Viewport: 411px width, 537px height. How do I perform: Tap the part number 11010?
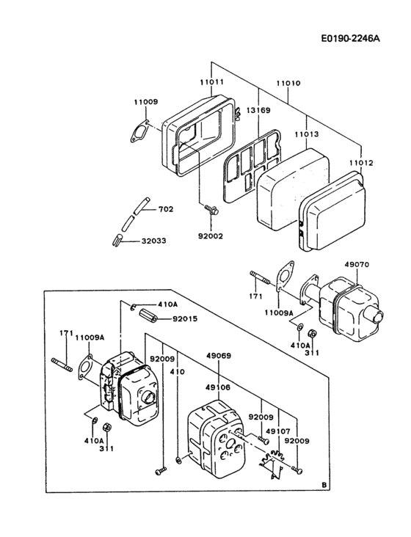pyautogui.click(x=288, y=83)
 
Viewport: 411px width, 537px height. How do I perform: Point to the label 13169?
pyautogui.click(x=258, y=110)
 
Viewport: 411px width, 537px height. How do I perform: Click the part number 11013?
pyautogui.click(x=306, y=135)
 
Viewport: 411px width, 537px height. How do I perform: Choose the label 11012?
pyautogui.click(x=360, y=162)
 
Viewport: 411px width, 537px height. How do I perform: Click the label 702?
pyautogui.click(x=166, y=210)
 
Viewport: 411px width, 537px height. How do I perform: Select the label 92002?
pyautogui.click(x=210, y=237)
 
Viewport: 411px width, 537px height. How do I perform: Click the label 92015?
pyautogui.click(x=184, y=319)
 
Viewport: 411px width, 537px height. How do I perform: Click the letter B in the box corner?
pyautogui.click(x=324, y=485)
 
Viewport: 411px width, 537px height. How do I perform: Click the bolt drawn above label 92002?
pyautogui.click(x=212, y=211)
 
